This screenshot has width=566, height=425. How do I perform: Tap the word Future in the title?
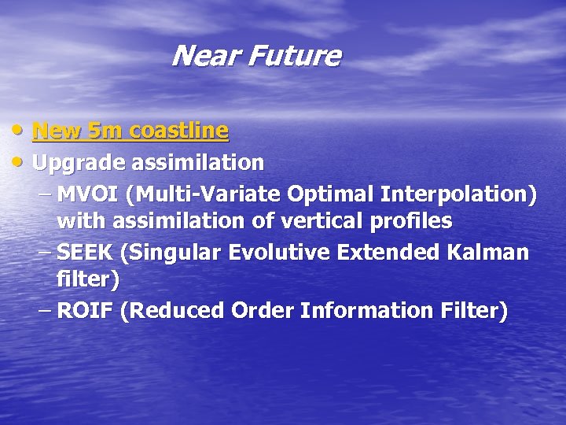click(x=295, y=57)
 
